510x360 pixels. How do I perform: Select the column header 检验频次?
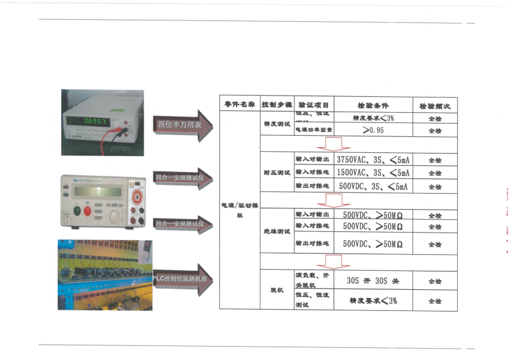click(435, 104)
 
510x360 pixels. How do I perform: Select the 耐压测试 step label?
click(277, 173)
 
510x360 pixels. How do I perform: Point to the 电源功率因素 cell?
click(312, 131)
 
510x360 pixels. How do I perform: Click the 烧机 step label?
click(277, 291)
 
